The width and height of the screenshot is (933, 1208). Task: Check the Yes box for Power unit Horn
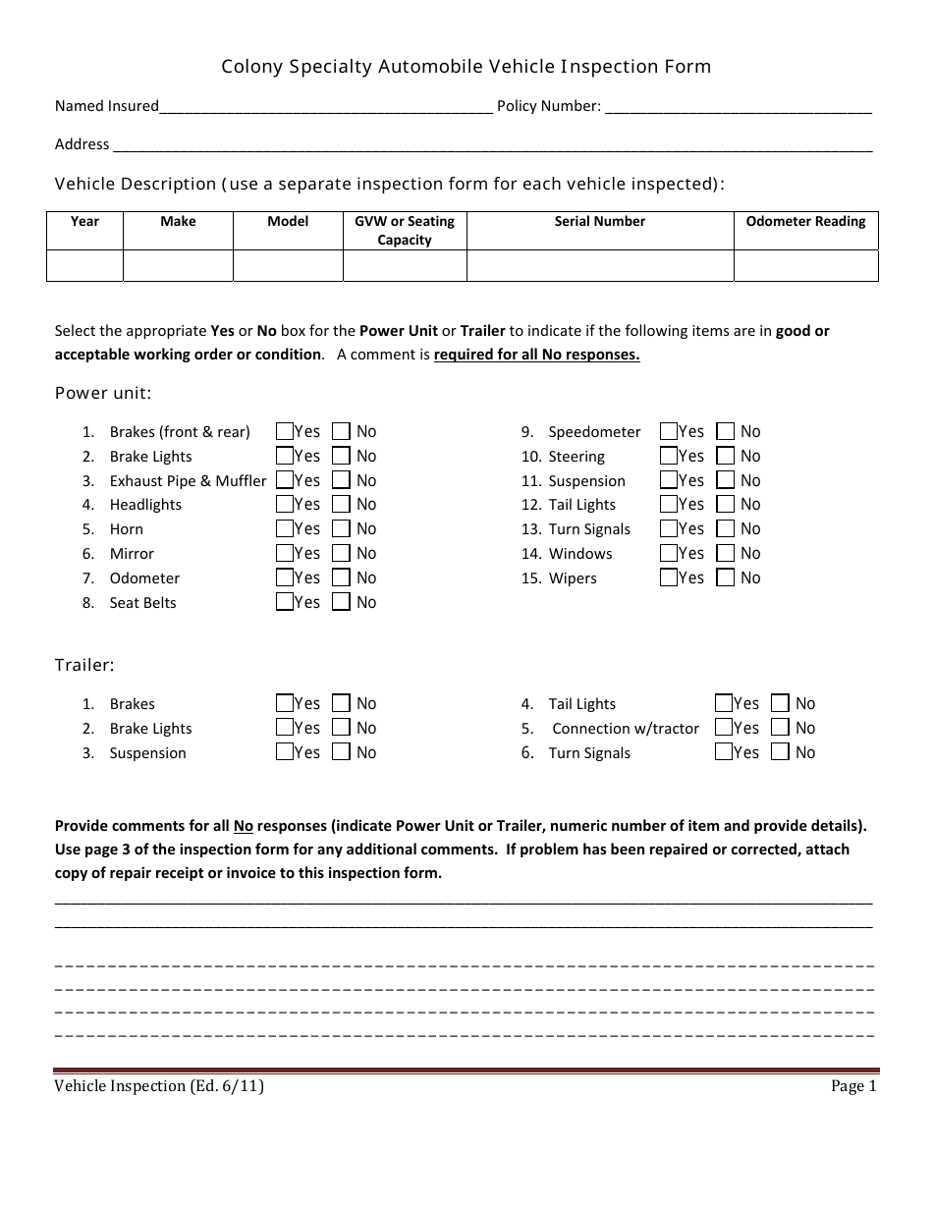click(285, 529)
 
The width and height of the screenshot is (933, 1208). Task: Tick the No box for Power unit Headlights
click(341, 505)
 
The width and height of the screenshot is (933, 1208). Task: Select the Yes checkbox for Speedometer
click(669, 431)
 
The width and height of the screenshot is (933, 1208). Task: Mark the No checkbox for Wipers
click(725, 578)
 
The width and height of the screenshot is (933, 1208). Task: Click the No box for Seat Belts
click(341, 603)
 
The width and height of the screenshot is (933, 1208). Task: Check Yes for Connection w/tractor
click(724, 729)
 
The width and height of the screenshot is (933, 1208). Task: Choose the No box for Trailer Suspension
click(341, 753)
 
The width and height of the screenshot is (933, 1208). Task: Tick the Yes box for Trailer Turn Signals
click(724, 753)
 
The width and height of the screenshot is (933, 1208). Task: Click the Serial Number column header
click(599, 222)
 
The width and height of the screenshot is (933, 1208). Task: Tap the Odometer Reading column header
click(805, 222)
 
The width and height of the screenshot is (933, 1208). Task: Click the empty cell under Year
click(84, 266)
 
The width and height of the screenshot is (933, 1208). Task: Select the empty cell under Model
click(288, 266)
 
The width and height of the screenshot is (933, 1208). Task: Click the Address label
click(82, 144)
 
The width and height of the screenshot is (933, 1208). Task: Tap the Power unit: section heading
click(103, 394)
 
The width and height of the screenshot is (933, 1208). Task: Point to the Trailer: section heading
click(84, 666)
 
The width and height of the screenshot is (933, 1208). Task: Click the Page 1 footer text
click(852, 1086)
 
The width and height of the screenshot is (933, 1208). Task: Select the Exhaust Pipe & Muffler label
click(188, 481)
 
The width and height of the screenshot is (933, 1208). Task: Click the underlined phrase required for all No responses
click(536, 356)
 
